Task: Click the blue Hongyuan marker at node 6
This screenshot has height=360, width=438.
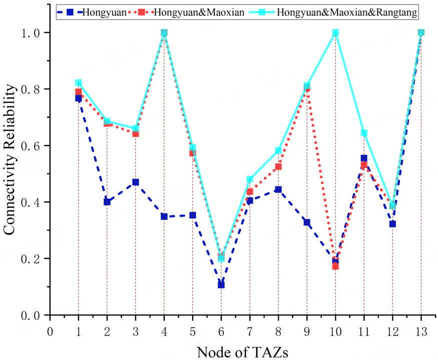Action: coord(221,285)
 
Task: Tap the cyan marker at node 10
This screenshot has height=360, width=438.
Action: coord(335,33)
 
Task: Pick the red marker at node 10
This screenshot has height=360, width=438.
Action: coord(335,266)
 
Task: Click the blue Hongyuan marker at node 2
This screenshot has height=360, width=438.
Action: coord(107,202)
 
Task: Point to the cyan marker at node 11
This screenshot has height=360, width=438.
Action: coord(364,133)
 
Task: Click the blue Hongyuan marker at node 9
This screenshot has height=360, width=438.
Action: coord(307,222)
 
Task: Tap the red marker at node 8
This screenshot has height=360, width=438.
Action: coord(278,167)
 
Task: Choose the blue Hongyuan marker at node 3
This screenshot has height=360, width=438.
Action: coord(136,182)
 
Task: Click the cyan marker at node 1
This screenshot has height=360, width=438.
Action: coord(79,83)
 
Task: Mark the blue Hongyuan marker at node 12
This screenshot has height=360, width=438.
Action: coord(392,224)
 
